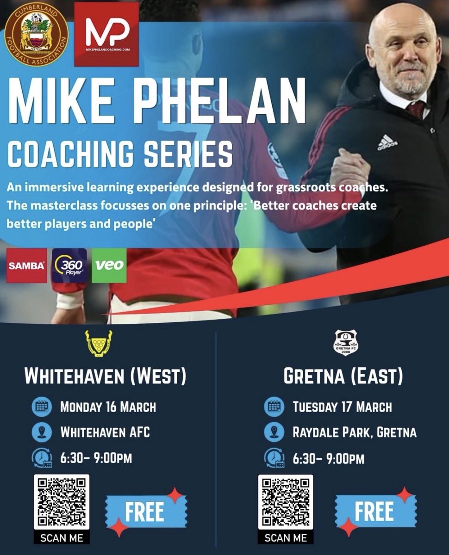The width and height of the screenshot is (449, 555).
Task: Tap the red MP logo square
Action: (x=106, y=34)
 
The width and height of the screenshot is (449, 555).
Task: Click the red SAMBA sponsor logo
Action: (x=26, y=265)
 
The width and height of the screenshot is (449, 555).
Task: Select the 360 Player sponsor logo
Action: (x=69, y=265)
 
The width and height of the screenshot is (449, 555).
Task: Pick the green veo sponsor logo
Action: (x=109, y=265)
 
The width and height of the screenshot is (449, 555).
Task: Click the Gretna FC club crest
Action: (x=343, y=343)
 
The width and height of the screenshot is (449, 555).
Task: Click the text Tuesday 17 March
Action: (x=342, y=407)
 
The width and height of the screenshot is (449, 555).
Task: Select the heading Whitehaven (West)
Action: (x=105, y=377)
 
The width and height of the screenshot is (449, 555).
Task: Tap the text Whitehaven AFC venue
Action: (x=106, y=432)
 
